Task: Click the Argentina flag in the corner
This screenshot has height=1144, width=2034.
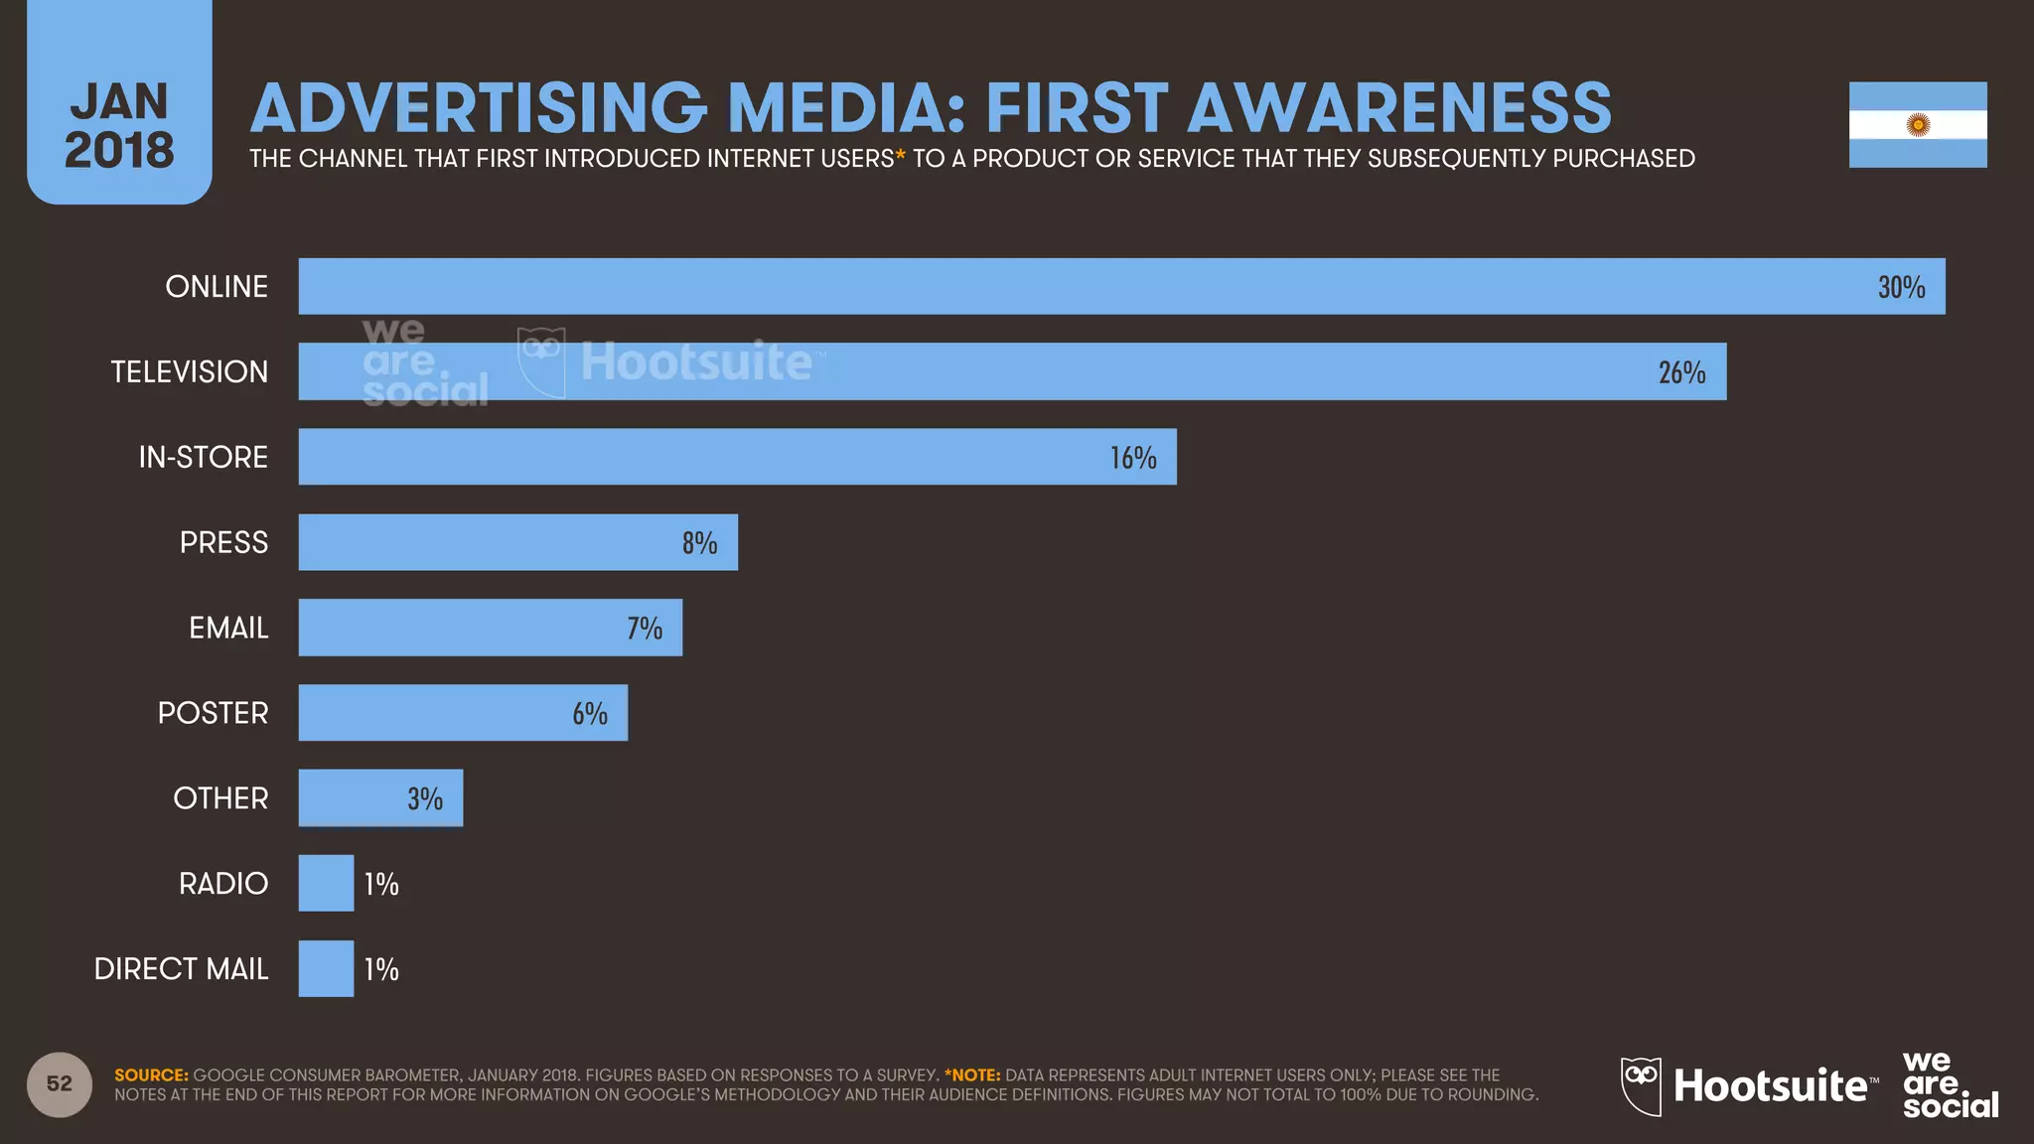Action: [1917, 124]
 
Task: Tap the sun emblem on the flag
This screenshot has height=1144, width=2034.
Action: [1918, 125]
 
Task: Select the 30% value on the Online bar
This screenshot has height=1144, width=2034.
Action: [1901, 287]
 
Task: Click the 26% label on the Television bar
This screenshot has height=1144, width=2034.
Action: [1681, 372]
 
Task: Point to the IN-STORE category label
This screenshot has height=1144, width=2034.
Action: [203, 457]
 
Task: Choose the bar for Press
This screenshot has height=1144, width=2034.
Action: [516, 542]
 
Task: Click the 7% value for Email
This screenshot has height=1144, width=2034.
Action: [645, 628]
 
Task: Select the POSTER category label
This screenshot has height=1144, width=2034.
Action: [213, 713]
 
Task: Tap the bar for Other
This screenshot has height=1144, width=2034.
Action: [380, 798]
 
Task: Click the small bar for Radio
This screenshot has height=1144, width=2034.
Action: [326, 883]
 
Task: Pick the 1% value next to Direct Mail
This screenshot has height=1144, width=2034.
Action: [381, 969]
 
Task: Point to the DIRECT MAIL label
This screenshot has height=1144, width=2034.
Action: [181, 969]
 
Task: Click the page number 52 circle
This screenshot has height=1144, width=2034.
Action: [60, 1084]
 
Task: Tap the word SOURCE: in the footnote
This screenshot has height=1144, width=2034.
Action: [151, 1075]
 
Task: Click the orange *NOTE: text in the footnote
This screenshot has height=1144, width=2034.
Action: [972, 1075]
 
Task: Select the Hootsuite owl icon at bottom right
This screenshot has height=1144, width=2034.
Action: [1641, 1084]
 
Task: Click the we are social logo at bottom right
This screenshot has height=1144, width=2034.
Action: [1949, 1084]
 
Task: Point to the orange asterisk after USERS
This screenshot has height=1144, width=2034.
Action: [901, 155]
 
